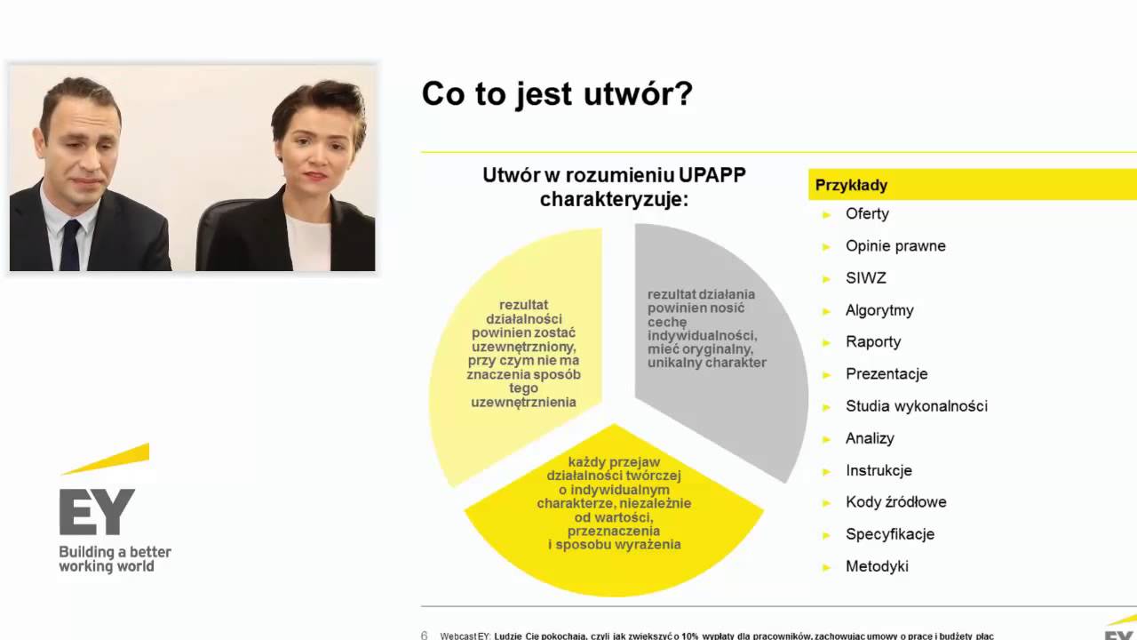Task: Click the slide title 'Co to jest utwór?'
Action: pos(556,94)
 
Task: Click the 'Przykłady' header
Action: pos(851,185)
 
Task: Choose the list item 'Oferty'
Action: pos(867,213)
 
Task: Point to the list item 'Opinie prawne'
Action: pos(895,245)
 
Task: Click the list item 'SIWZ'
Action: pos(865,278)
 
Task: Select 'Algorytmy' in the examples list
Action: pos(879,310)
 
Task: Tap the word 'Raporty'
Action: pos(873,341)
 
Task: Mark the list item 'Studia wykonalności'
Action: pos(916,406)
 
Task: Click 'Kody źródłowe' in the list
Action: pos(895,502)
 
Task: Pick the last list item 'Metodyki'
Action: pos(877,566)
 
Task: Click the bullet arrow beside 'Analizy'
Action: pos(827,439)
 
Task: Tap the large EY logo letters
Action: pos(97,512)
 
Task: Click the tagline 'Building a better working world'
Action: pos(115,559)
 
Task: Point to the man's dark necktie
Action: pos(70,245)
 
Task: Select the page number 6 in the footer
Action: pos(424,636)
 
